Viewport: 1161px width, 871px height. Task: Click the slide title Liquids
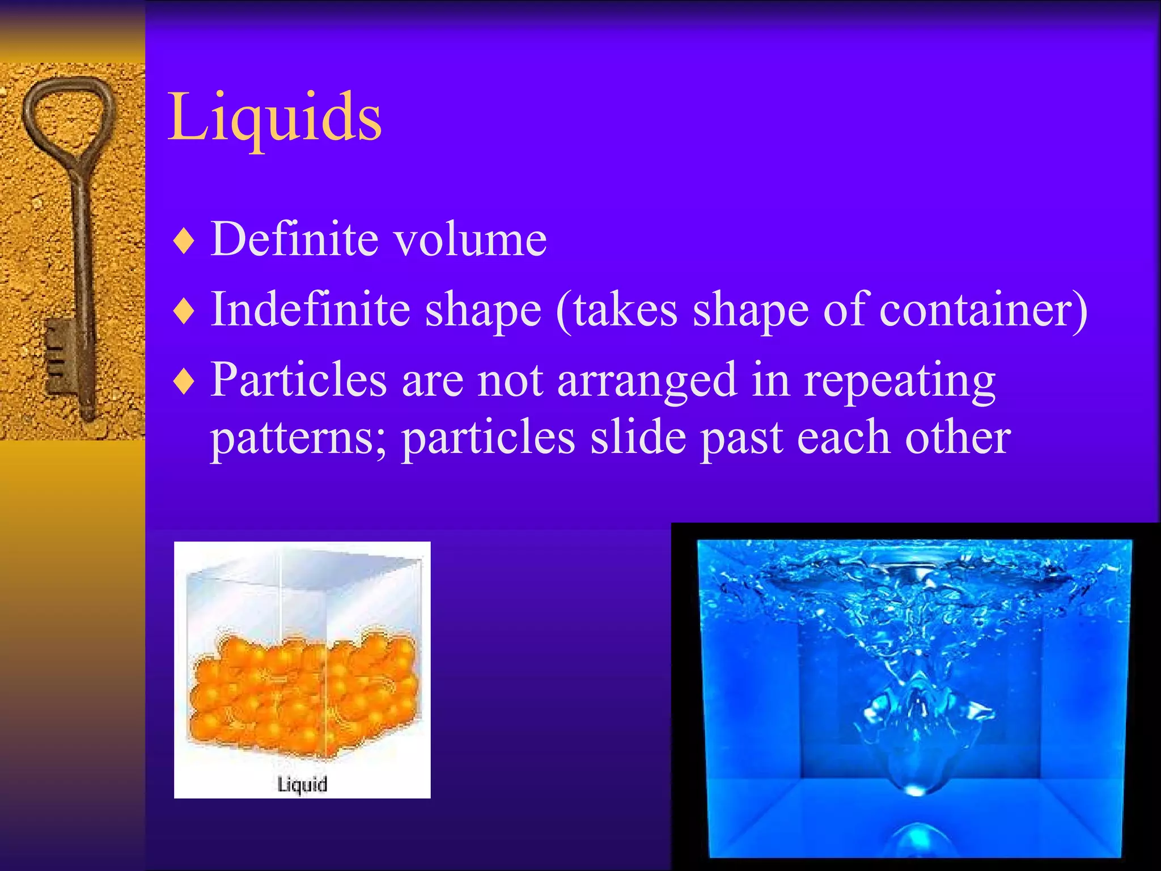(x=275, y=117)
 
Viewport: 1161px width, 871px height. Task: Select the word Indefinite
(x=311, y=309)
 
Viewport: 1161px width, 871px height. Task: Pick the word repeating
(x=900, y=380)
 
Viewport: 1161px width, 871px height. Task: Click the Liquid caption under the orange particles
(x=302, y=784)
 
